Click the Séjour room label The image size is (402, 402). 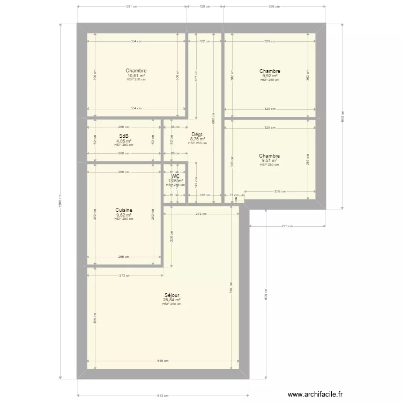(172, 295)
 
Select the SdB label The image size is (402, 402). (124, 136)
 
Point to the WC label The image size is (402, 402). (175, 176)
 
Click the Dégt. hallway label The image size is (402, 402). (197, 135)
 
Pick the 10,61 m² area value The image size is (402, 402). (136, 76)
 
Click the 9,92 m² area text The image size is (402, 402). (270, 76)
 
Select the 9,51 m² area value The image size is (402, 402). (270, 160)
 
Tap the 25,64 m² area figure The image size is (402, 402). (172, 300)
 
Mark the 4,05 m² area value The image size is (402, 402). (124, 141)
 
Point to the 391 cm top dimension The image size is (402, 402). (132, 7)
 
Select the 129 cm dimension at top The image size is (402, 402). (205, 7)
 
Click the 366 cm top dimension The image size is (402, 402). (274, 7)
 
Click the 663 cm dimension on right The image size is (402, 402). (343, 114)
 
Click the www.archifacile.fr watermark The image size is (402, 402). (315, 393)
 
